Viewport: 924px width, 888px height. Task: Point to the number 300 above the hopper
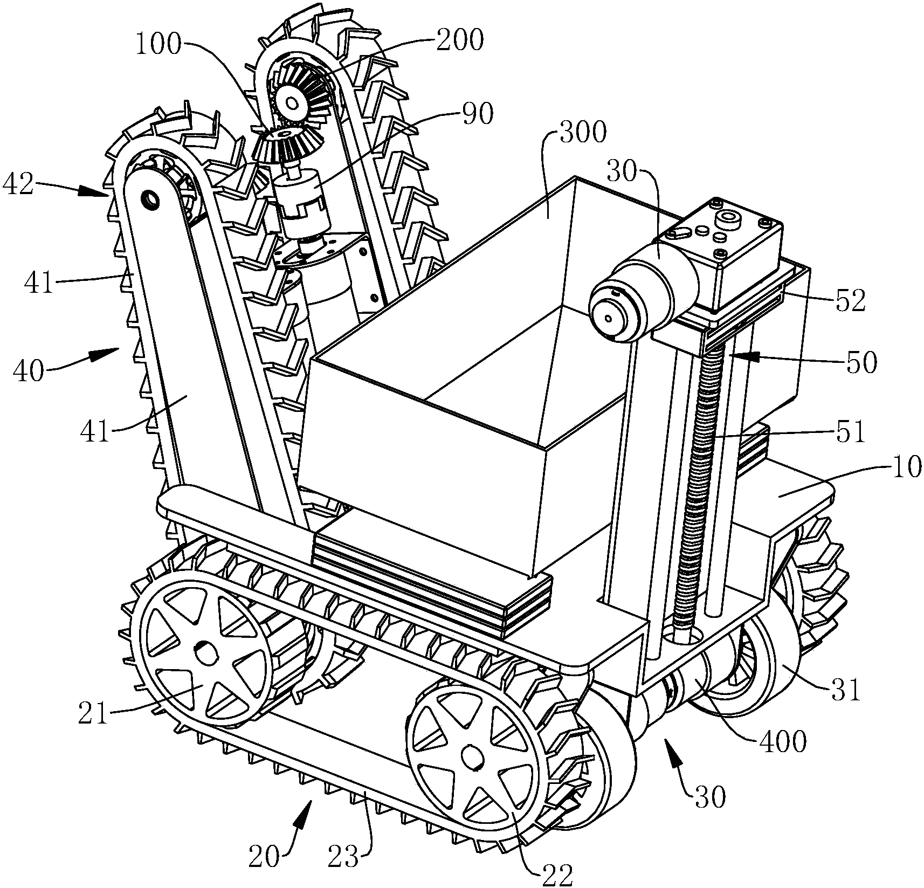coord(583,132)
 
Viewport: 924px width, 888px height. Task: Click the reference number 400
coord(783,742)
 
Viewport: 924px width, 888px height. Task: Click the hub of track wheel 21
coord(205,655)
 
